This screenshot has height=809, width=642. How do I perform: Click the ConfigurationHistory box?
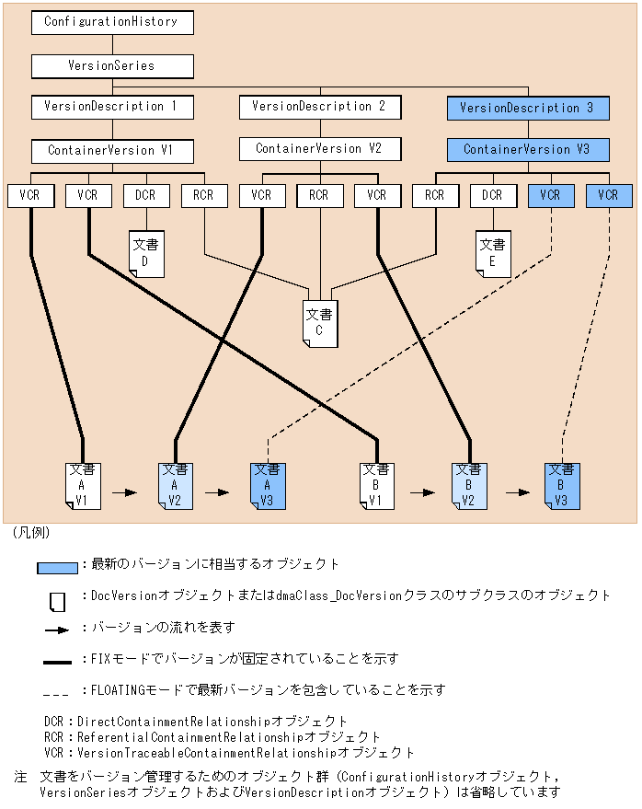click(x=112, y=23)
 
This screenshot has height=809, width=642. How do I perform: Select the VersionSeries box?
click(x=112, y=66)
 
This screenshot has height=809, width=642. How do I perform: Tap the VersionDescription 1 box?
click(x=112, y=108)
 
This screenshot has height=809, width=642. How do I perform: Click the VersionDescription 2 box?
click(x=320, y=108)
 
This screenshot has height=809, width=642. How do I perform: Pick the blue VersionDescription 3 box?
click(x=528, y=109)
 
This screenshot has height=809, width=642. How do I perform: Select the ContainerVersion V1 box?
click(x=112, y=151)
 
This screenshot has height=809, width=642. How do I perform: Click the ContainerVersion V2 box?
click(x=320, y=149)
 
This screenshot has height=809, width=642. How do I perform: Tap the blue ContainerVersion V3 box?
click(x=528, y=150)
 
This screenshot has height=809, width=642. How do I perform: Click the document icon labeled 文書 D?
click(x=146, y=254)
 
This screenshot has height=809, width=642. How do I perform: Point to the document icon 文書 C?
click(x=320, y=324)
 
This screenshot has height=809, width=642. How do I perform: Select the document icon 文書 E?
click(x=494, y=254)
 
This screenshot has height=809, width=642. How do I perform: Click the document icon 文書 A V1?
click(x=83, y=486)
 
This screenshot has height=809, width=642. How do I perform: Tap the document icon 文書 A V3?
click(x=269, y=486)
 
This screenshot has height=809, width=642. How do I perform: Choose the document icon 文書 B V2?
click(x=469, y=486)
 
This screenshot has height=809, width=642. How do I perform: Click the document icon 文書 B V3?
click(x=562, y=486)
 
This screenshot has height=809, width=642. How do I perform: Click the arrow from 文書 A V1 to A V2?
click(x=125, y=492)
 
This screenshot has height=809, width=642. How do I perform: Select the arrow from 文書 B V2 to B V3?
click(x=518, y=492)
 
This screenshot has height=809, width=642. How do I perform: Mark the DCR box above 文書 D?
click(x=146, y=196)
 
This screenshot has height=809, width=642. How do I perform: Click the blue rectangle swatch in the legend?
click(x=57, y=568)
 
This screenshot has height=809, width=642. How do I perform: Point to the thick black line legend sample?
click(x=57, y=662)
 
